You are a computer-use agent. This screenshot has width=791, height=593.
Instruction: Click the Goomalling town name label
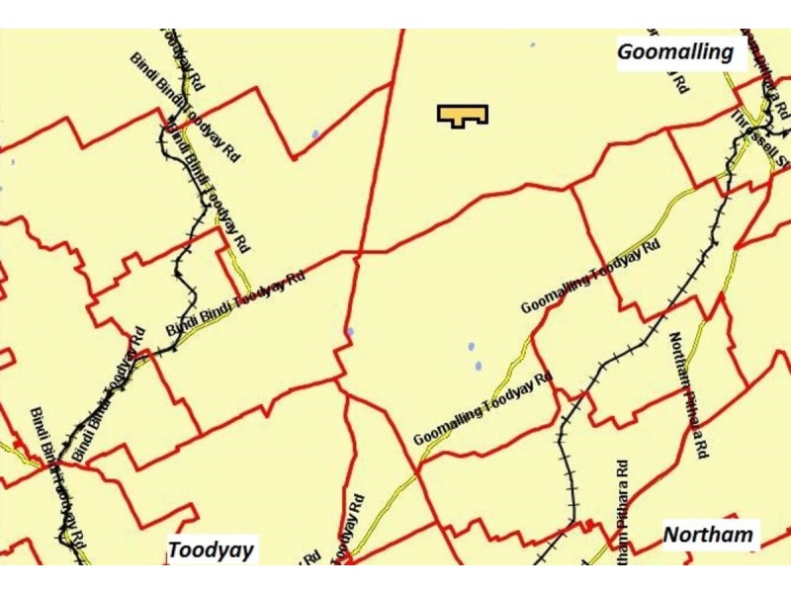tap(676, 50)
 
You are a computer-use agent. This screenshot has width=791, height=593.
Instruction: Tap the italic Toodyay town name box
tap(211, 550)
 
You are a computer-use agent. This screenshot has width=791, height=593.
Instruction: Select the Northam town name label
tap(708, 535)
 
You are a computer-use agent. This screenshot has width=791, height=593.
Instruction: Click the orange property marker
tap(463, 115)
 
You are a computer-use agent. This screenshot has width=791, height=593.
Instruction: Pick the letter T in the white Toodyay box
tap(175, 550)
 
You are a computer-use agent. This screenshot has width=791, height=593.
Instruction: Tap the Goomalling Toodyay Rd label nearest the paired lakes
tap(482, 406)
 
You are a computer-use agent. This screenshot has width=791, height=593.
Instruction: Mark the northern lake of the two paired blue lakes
tap(471, 347)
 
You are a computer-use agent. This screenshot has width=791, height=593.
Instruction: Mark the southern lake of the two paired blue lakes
tap(478, 366)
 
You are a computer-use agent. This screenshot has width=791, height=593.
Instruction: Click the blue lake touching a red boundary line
tap(349, 332)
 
